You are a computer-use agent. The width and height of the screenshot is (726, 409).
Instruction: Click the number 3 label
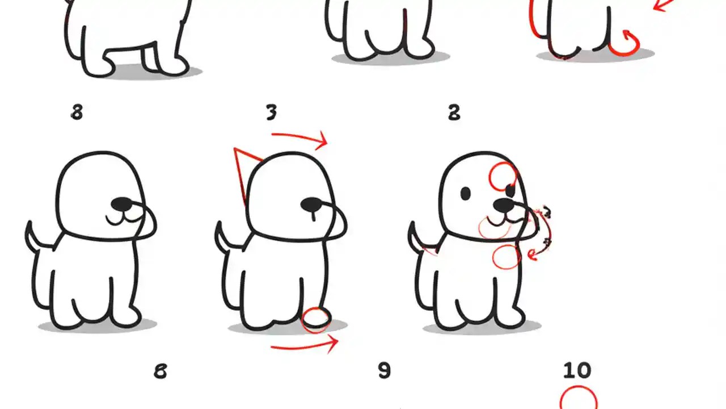click(272, 113)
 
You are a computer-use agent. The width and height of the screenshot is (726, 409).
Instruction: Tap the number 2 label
click(454, 113)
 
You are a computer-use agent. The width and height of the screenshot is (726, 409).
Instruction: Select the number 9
click(384, 371)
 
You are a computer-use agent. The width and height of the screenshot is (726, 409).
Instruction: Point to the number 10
click(577, 371)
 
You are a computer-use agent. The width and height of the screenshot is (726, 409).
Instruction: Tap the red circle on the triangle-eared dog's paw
click(316, 320)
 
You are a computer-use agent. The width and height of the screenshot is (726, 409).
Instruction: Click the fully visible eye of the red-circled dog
click(466, 194)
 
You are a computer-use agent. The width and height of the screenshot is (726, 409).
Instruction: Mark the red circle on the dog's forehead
click(503, 176)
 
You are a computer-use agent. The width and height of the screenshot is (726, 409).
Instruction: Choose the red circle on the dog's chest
click(506, 256)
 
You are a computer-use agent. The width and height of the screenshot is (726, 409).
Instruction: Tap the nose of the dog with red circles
click(503, 204)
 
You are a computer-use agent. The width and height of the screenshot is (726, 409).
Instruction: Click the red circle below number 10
click(579, 399)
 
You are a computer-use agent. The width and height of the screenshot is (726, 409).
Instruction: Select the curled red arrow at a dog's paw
click(625, 43)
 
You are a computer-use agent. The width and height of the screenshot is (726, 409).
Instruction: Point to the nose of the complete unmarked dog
click(122, 203)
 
